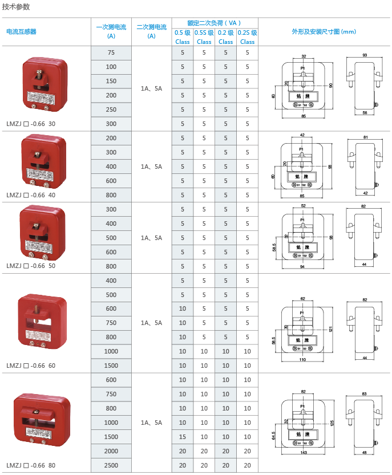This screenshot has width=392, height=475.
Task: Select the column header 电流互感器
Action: [21, 32]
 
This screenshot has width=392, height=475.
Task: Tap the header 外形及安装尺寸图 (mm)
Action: [324, 32]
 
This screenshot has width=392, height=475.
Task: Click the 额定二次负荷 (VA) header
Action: [215, 23]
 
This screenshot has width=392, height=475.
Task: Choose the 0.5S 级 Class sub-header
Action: [204, 37]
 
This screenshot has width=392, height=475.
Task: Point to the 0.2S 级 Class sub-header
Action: [247, 37]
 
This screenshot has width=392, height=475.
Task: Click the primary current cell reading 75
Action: [111, 53]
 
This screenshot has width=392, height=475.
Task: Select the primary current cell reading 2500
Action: [111, 465]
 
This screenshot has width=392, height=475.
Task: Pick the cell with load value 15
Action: [183, 437]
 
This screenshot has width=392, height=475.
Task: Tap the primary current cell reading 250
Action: [111, 109]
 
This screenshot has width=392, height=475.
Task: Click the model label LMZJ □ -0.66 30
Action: [32, 123]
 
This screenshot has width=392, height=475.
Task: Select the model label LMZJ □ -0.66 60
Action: [32, 366]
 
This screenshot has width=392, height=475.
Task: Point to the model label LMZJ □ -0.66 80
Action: [32, 465]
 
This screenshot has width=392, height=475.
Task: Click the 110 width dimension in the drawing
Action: [304, 360]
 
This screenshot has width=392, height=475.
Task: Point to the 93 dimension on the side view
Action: [365, 55]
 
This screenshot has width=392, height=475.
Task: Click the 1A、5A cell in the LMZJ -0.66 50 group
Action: [151, 238]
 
